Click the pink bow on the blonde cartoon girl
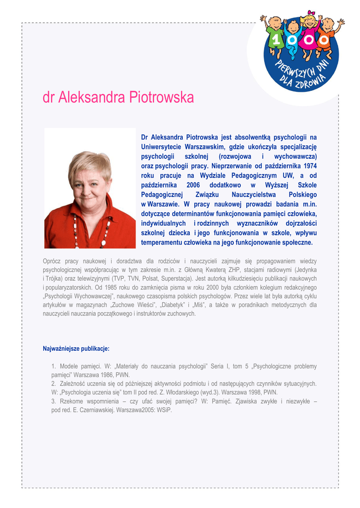pyautogui.click(x=311, y=13)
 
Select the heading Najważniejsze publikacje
pyautogui.click(x=76, y=349)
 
